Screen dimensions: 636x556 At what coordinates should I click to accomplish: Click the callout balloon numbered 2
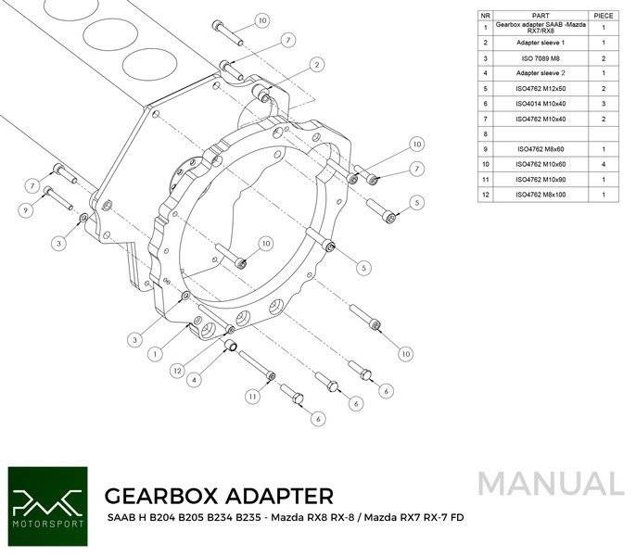pos(317,65)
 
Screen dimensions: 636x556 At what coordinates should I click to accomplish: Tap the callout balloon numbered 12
pos(177,371)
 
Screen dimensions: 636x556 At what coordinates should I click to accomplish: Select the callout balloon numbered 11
pos(253,397)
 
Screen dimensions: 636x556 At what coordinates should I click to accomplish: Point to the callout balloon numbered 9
pos(26,210)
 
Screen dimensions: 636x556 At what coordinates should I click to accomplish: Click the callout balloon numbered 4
pos(195,380)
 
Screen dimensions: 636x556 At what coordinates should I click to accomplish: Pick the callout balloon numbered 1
pos(155,354)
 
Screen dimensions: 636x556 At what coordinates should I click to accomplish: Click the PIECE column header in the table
pos(604,16)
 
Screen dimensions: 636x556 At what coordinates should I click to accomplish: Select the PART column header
pos(541,16)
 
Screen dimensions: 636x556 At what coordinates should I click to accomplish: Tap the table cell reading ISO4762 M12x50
pos(541,88)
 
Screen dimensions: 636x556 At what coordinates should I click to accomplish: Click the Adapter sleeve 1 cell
pos(541,43)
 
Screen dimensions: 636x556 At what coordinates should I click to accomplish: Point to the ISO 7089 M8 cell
pos(541,58)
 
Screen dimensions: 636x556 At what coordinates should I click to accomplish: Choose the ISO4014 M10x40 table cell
pos(541,104)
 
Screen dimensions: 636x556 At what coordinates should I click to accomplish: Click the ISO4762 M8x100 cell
pos(541,195)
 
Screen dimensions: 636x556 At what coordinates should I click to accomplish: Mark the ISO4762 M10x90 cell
pos(541,180)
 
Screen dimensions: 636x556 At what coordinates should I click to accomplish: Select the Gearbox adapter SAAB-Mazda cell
pos(541,28)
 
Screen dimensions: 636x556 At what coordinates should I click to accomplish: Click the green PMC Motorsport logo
pos(47,507)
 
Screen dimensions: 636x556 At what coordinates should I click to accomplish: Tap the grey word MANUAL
pos(552,484)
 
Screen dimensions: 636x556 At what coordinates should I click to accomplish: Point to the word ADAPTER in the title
pos(278,496)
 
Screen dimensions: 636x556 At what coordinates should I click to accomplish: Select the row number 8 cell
pos(485,133)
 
